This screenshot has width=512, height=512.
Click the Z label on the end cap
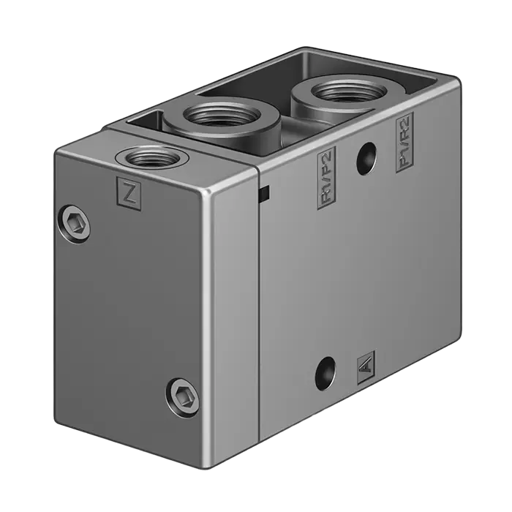tap(129, 194)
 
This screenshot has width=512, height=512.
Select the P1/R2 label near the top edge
tap(404, 142)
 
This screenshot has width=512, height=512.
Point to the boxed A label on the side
tap(366, 367)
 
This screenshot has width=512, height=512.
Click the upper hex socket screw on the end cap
tap(76, 224)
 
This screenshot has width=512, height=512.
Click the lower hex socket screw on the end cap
tap(182, 398)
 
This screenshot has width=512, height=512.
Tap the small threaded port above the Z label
tap(148, 157)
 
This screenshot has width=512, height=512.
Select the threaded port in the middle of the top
tap(222, 116)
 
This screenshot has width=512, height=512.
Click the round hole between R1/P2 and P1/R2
tap(366, 158)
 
